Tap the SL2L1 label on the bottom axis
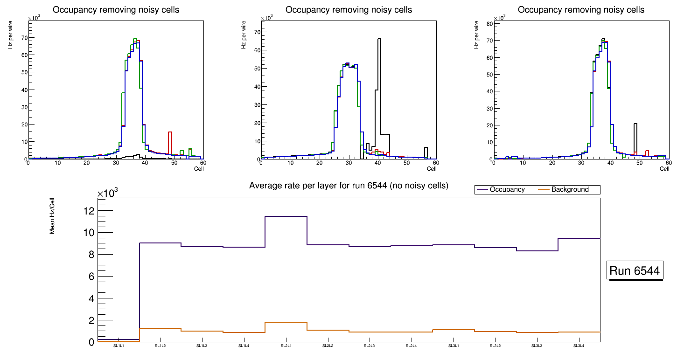286,346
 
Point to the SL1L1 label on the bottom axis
119,346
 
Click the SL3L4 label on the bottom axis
579,346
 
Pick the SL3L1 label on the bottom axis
454,346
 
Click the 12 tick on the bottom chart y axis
89,211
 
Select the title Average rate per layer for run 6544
349,186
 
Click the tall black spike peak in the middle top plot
379,39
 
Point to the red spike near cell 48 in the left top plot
170,132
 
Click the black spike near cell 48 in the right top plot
635,124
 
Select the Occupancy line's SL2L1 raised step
286,216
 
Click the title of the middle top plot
349,10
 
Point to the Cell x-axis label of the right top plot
664,169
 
